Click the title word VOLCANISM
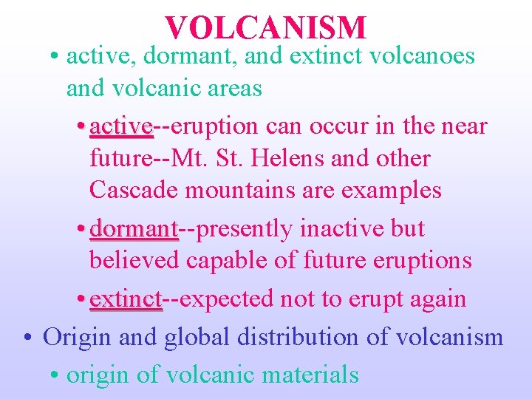click(x=266, y=27)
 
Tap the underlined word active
click(x=120, y=126)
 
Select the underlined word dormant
click(x=134, y=229)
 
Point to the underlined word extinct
click(x=125, y=299)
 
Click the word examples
click(x=391, y=191)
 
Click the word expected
click(x=228, y=300)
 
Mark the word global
click(x=197, y=337)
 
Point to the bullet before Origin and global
click(x=27, y=338)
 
